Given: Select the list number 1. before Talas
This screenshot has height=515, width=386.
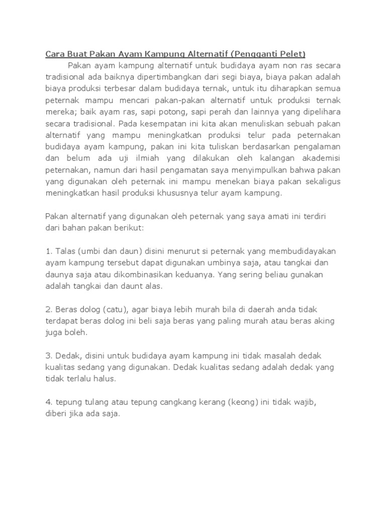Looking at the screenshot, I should coord(49,250).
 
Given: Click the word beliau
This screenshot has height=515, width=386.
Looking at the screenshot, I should coord(285,274).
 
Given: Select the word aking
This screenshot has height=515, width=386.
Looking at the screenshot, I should coord(324,320).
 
